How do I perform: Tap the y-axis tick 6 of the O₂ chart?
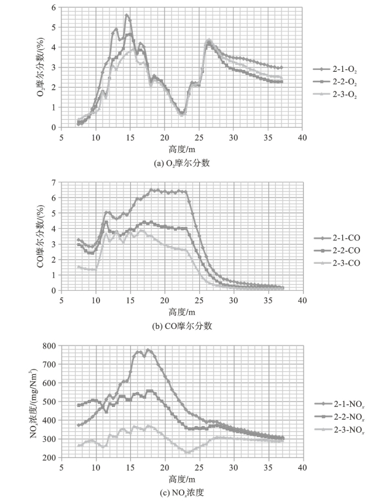coord(54,7)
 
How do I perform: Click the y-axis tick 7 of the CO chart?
coord(54,182)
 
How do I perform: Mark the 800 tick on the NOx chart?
coord(49,346)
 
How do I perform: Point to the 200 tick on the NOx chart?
coord(49,458)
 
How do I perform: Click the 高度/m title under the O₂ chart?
coord(181,149)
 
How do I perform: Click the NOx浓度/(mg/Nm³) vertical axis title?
coord(35,401)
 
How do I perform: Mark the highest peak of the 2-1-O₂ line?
coord(127,15)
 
